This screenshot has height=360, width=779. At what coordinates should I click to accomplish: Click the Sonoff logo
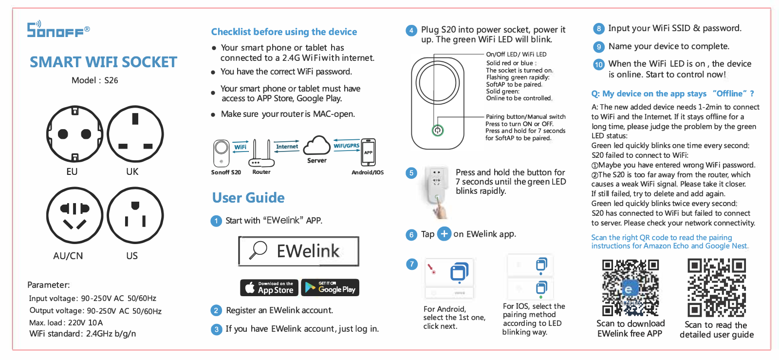(x=58, y=29)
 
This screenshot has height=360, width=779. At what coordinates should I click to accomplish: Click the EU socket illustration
(x=75, y=134)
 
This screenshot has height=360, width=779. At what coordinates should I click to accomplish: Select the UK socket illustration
(x=135, y=134)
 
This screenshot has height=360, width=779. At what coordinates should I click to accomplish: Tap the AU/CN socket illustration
(x=75, y=215)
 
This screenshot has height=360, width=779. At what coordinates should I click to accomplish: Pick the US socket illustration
(x=135, y=215)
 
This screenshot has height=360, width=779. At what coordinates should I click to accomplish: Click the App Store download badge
(x=269, y=287)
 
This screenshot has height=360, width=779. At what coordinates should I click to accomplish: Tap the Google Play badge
(x=330, y=287)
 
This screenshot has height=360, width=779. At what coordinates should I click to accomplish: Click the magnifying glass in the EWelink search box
(x=258, y=250)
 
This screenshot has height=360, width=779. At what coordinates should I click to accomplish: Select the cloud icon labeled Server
(x=316, y=145)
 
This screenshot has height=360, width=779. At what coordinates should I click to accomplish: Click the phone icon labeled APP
(x=368, y=152)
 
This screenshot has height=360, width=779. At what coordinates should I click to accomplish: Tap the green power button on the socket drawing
(x=438, y=131)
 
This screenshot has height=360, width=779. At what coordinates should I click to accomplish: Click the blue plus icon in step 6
(x=444, y=234)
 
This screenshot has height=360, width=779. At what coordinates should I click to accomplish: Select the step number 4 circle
(x=411, y=30)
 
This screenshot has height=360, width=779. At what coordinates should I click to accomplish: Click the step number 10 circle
(x=599, y=64)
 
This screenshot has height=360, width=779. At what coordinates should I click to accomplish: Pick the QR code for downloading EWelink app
(x=630, y=287)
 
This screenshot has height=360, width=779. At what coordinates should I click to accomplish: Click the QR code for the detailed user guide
(x=717, y=287)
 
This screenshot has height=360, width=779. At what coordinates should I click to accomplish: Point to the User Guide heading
(x=248, y=198)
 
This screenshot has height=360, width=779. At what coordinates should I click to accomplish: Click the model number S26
(x=111, y=80)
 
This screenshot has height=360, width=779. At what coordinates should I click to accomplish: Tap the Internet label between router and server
(x=287, y=147)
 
